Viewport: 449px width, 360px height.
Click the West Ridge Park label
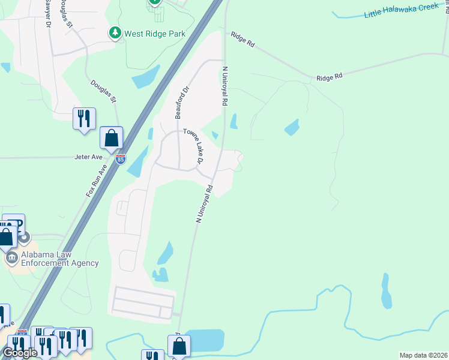[x=154, y=34]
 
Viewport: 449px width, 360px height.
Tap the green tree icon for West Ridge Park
[x=115, y=33]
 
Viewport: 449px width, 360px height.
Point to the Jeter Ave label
[x=89, y=158]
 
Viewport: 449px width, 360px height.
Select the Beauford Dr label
[x=178, y=101]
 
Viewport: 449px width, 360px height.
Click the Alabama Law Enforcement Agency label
[x=60, y=259]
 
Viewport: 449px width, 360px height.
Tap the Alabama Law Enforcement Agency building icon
[x=11, y=259]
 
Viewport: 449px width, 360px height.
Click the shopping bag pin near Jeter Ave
[x=112, y=138]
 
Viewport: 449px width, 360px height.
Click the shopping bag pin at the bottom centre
[x=179, y=346]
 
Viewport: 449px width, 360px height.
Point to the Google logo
[x=20, y=353]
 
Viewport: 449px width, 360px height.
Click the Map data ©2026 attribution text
[x=423, y=355]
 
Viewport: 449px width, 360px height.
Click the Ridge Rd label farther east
[x=329, y=77]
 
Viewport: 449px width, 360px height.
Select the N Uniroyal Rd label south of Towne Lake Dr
[x=204, y=204]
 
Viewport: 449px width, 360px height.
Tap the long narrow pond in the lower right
[x=387, y=291]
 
